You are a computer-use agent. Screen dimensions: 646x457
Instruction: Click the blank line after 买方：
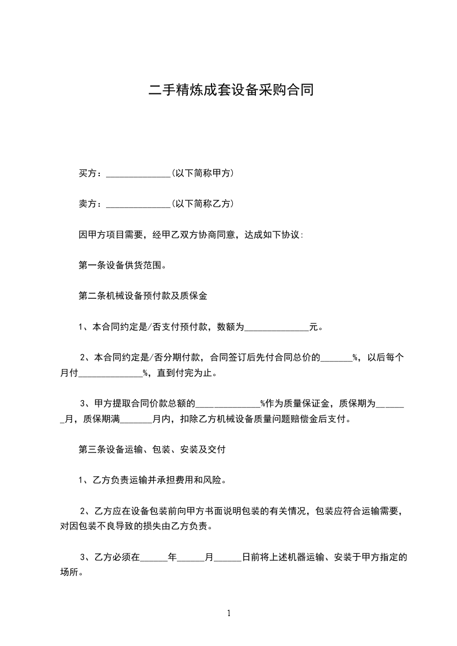click(x=138, y=173)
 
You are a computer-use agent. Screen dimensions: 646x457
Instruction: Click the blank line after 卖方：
click(x=138, y=204)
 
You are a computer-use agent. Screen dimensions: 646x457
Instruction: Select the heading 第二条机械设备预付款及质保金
click(x=142, y=296)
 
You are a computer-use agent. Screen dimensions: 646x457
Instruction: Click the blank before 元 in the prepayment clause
click(x=277, y=328)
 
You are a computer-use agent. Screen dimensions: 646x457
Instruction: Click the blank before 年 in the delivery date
click(x=154, y=557)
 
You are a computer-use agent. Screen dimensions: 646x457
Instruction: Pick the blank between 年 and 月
click(x=191, y=557)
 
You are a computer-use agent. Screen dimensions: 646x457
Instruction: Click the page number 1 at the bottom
click(x=229, y=613)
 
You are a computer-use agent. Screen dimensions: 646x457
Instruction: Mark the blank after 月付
click(x=109, y=374)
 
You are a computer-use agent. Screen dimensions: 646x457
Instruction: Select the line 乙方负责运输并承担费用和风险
click(x=152, y=480)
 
